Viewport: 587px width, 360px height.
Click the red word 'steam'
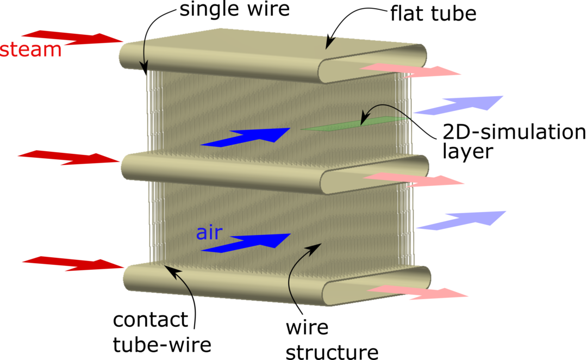30,49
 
